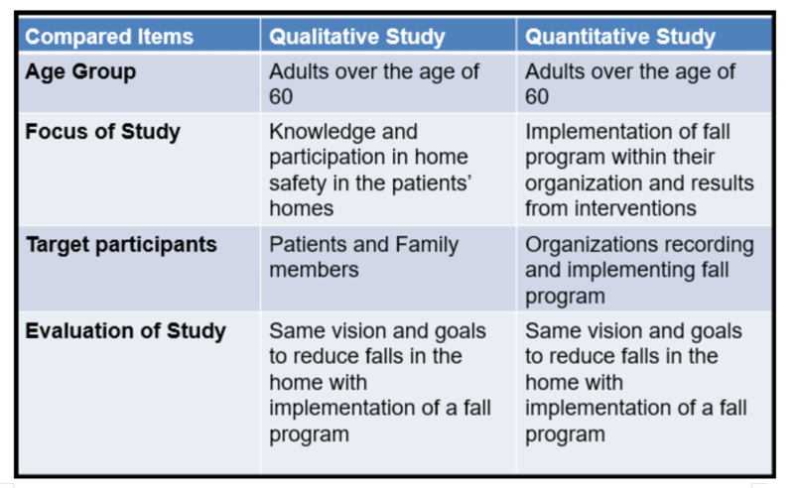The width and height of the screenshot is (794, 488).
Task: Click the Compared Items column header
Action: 109,37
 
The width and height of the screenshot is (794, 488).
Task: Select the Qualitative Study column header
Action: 357,37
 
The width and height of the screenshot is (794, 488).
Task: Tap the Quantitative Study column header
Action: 619,37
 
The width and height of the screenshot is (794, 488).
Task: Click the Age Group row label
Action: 80,72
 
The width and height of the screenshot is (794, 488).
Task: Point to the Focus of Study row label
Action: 103,132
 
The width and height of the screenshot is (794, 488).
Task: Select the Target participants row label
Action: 121,245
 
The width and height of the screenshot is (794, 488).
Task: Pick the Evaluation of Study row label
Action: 126,331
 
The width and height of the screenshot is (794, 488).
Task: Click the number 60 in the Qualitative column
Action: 281,96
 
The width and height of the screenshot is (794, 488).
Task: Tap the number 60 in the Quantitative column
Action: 537,96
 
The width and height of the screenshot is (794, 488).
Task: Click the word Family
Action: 427,246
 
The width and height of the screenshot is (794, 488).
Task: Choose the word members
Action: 314,271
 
